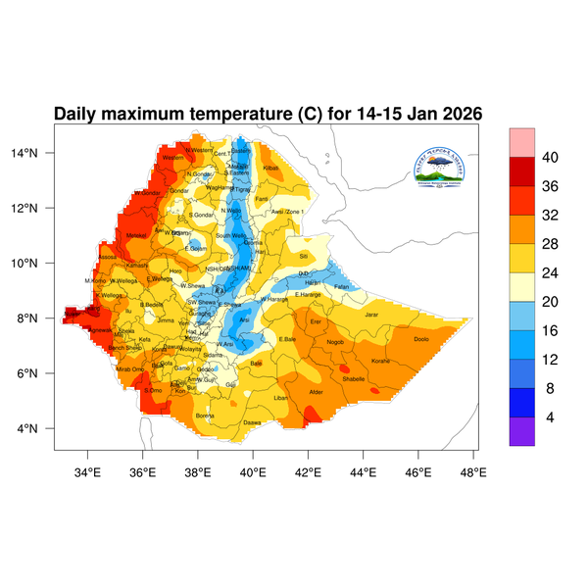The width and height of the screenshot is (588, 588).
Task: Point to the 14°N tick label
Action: (x=37, y=153)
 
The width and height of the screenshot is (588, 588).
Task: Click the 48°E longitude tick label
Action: (x=474, y=474)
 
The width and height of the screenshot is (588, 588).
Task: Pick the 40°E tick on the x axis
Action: (x=253, y=474)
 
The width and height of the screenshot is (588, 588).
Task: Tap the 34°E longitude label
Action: (x=88, y=474)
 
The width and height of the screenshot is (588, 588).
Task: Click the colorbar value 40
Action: (x=550, y=158)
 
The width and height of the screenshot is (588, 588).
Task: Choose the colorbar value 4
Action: (x=550, y=417)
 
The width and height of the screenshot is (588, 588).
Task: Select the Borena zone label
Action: (x=205, y=416)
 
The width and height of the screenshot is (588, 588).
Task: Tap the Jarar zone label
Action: (x=370, y=315)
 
